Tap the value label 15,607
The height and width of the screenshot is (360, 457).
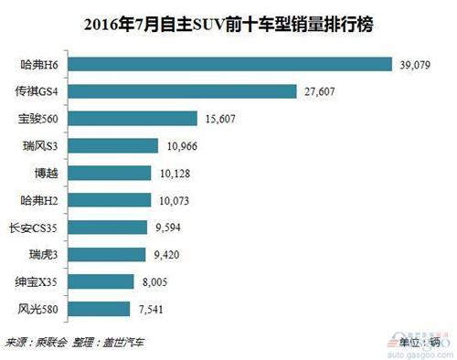(224, 119)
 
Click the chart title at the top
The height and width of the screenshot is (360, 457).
(228, 21)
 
